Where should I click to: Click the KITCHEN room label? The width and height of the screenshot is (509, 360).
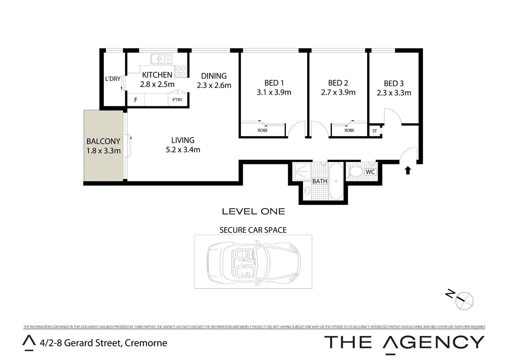pos(157,75)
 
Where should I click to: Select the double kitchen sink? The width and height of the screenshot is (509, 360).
pos(162,59)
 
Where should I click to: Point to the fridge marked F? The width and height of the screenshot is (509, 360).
pos(136,100)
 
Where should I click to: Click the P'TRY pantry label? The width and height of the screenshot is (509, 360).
pos(177,100)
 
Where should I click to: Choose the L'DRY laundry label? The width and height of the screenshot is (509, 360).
pos(113,79)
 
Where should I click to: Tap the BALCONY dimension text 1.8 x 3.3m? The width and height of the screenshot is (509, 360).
pos(103,151)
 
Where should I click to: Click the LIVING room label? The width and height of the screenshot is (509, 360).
pos(183,140)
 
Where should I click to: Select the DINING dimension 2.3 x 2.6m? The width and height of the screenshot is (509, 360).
pos(214,85)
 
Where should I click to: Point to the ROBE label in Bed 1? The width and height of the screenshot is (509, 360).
pos(262,130)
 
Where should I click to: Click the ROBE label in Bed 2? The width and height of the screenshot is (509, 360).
pos(349,130)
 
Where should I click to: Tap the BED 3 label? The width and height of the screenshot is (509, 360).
pos(393,83)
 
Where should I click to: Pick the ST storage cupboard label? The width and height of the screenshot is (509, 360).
pos(374,131)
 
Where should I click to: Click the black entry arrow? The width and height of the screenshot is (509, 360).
pos(407,171)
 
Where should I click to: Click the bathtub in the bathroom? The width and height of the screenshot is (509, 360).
pos(336,181)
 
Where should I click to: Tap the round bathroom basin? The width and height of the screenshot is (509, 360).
pos(307,191)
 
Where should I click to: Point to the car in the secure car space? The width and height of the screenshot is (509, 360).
pos(253,261)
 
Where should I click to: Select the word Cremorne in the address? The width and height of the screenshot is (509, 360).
pos(146,343)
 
